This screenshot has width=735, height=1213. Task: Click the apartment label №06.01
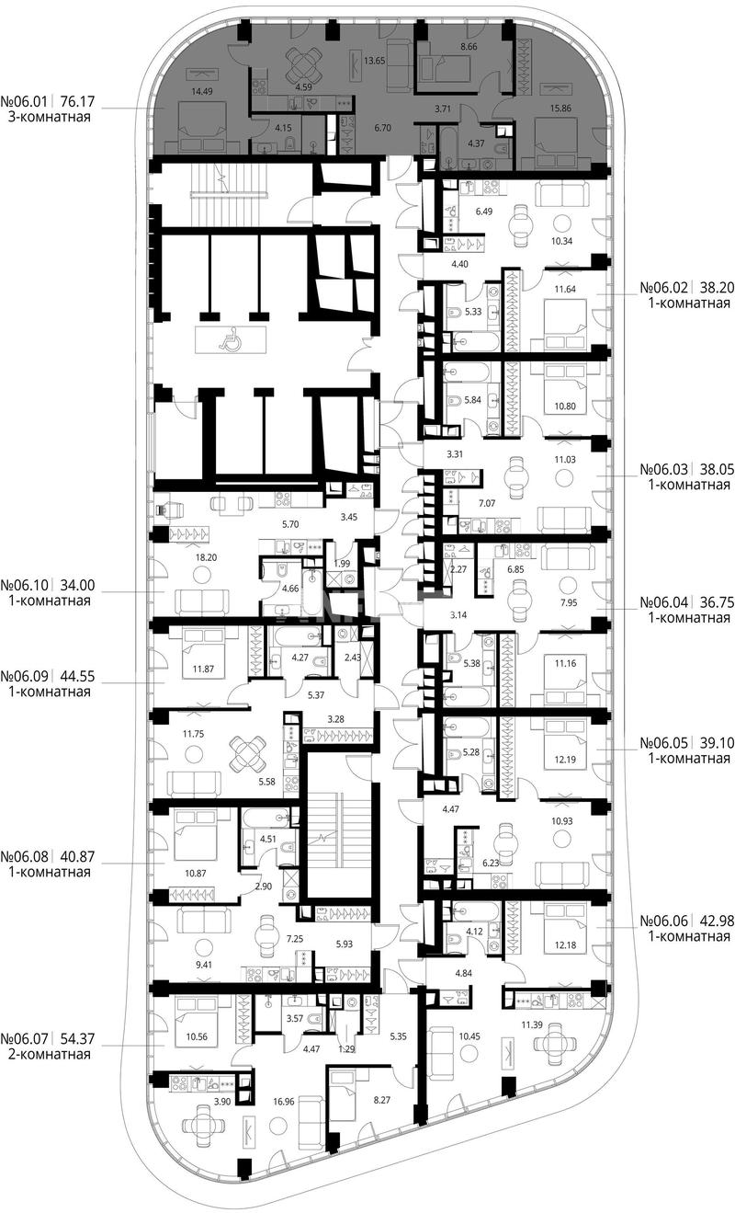coord(24,101)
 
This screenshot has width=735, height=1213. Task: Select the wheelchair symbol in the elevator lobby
coord(227,340)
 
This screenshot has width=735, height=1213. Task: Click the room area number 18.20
coord(206,557)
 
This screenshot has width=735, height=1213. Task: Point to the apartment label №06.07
coord(24,1038)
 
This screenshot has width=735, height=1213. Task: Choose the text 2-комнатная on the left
coord(50,1054)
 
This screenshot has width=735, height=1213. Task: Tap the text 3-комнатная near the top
coord(50,117)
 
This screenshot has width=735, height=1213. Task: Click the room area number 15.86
coord(560,109)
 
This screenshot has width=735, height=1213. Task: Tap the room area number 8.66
coord(468,47)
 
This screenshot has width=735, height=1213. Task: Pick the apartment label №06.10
coord(24,585)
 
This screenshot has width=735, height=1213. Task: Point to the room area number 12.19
coord(565,760)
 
